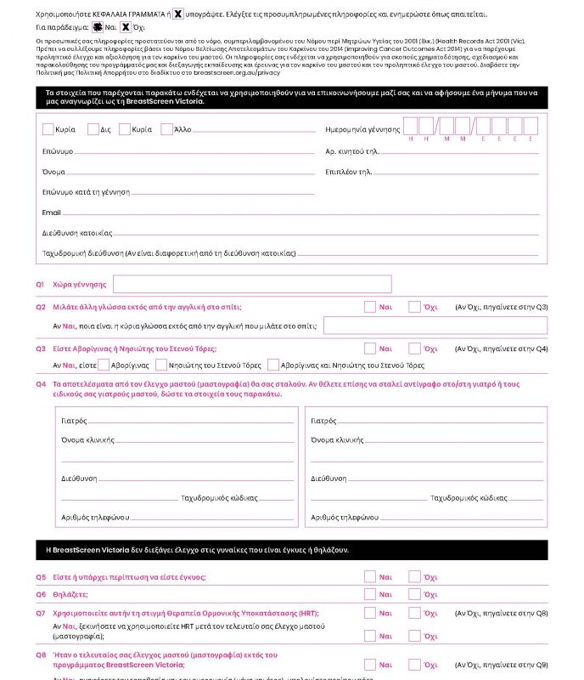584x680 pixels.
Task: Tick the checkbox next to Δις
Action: [93, 129]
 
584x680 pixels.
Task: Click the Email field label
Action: [51, 212]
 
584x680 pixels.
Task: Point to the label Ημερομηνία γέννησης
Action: [362, 129]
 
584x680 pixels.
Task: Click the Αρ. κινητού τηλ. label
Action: [352, 150]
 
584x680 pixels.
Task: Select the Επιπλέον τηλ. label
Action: [348, 171]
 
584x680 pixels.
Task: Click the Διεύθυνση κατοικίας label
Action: [77, 232]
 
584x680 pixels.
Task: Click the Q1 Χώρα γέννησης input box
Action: [252, 284]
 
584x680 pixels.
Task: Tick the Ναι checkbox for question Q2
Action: [370, 307]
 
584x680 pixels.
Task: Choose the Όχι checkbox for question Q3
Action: [414, 348]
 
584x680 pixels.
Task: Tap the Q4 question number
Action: [40, 384]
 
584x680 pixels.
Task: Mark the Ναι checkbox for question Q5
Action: [370, 577]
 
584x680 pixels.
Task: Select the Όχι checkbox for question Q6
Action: [414, 594]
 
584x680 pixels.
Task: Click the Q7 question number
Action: [40, 612]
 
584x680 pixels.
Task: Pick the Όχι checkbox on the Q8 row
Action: [414, 665]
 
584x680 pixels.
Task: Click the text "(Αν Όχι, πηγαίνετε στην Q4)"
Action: [501, 348]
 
